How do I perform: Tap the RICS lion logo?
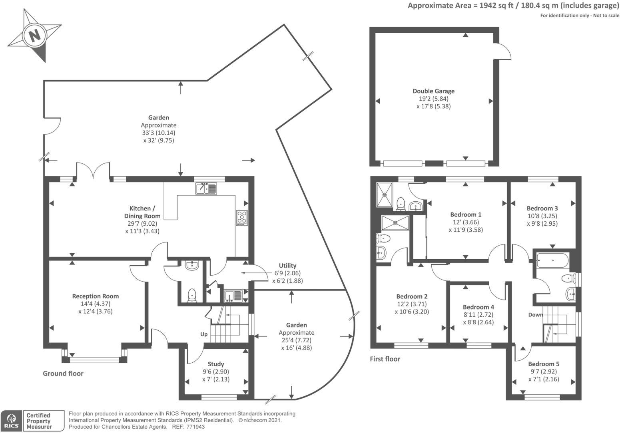(x=11, y=421)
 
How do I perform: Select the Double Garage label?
(x=433, y=91)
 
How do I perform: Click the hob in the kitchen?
(x=242, y=218)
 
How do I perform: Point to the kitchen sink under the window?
(x=206, y=188)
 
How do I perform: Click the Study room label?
(x=216, y=364)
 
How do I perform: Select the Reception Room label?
(x=95, y=296)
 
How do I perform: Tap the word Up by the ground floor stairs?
(x=204, y=334)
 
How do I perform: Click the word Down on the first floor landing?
(x=536, y=314)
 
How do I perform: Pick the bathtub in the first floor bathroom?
(x=552, y=260)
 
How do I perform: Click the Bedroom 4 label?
(x=478, y=307)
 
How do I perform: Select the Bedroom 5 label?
(x=544, y=363)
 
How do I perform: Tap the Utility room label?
(x=287, y=266)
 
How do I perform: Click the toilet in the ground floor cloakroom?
(x=192, y=295)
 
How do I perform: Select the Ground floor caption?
(x=63, y=373)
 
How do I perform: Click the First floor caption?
(x=385, y=359)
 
